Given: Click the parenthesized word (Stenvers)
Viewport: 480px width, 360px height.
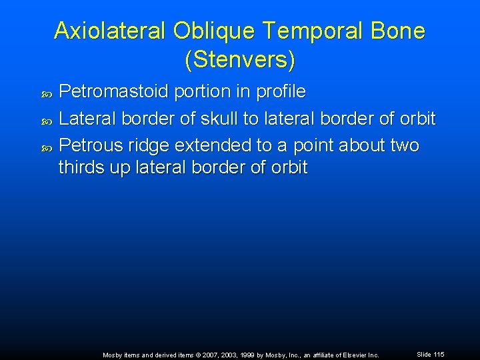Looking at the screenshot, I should point(239,60).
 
